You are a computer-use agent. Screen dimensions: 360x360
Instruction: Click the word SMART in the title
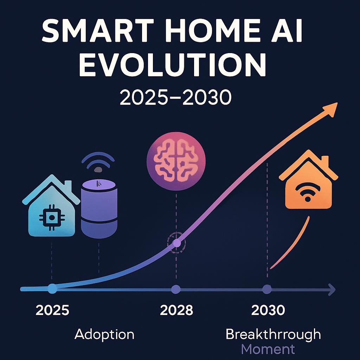[98, 30]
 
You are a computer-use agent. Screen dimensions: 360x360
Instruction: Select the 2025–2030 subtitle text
[176, 97]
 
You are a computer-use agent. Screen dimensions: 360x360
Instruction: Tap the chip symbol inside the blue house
[52, 217]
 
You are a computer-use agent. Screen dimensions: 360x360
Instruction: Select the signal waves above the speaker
[98, 162]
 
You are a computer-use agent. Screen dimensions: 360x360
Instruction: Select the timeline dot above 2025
[52, 289]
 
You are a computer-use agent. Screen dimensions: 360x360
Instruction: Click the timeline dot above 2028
[176, 289]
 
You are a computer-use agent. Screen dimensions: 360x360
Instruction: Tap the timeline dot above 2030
[267, 289]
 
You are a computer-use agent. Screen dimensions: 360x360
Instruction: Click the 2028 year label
[176, 310]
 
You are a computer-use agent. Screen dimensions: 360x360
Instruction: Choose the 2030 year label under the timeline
[268, 310]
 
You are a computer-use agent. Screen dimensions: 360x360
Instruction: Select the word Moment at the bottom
[268, 349]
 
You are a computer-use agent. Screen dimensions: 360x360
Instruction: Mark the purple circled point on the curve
[176, 243]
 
